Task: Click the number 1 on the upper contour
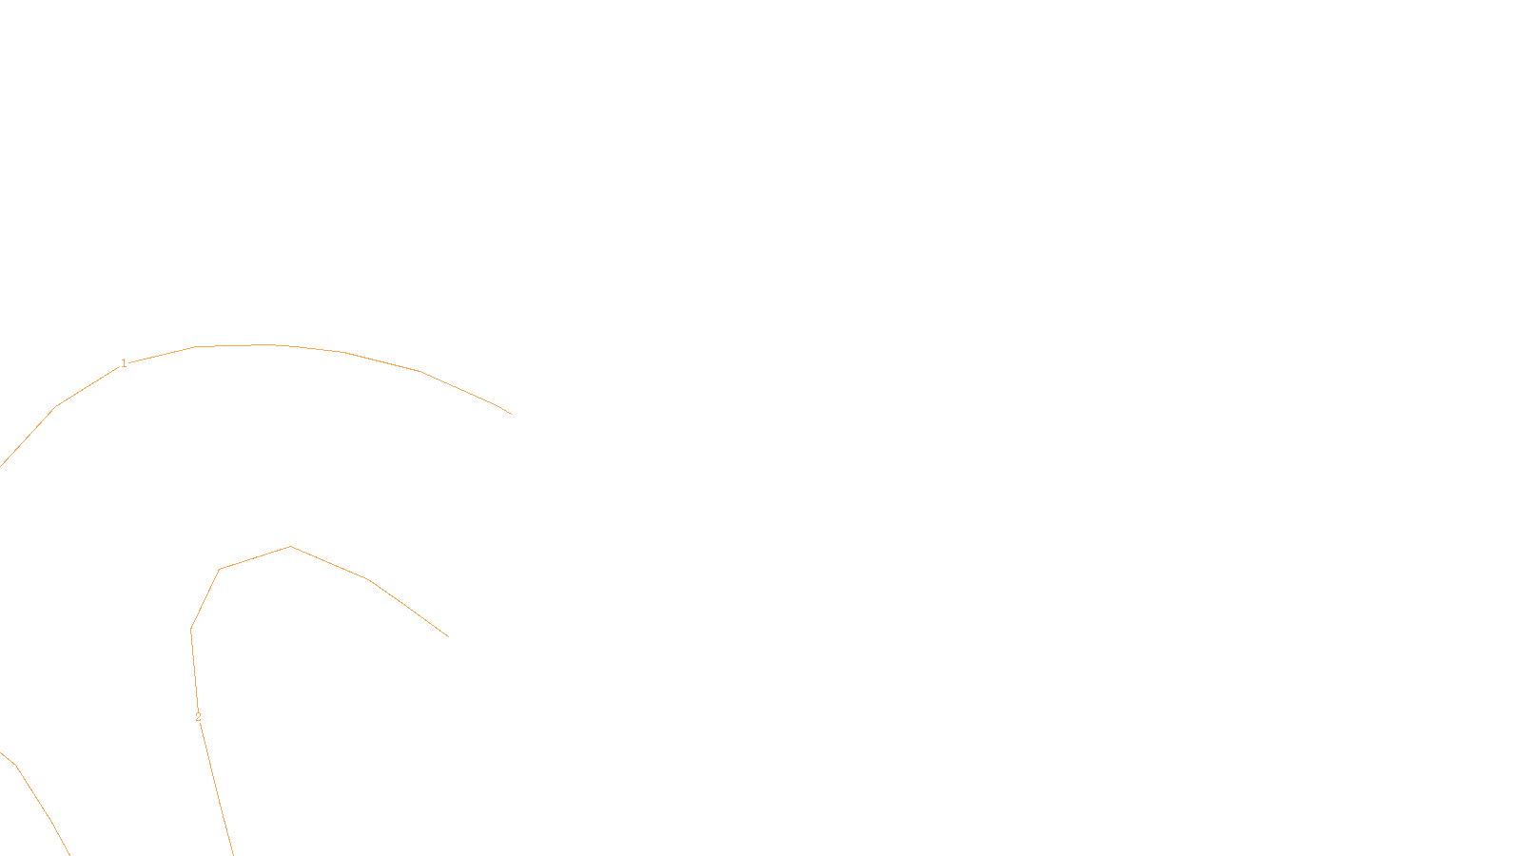click(x=124, y=363)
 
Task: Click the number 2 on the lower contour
click(x=198, y=717)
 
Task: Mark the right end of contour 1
click(x=511, y=414)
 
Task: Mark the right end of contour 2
click(x=448, y=636)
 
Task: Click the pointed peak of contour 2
click(x=291, y=546)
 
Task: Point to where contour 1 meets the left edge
click(x=1, y=466)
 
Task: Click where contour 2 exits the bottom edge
click(x=233, y=854)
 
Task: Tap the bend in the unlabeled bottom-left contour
click(x=15, y=764)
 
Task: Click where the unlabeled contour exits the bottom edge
click(x=69, y=854)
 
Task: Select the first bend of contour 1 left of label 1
click(x=56, y=406)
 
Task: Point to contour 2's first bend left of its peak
click(x=220, y=569)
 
